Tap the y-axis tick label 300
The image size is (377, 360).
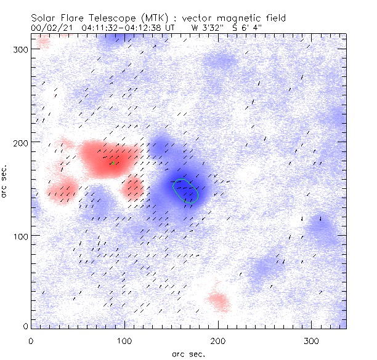pos(19,49)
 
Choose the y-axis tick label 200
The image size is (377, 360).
pos(19,143)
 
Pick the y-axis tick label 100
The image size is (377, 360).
pos(19,236)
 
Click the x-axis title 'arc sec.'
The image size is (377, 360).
pos(188,353)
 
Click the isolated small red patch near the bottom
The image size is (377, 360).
pos(218,300)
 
